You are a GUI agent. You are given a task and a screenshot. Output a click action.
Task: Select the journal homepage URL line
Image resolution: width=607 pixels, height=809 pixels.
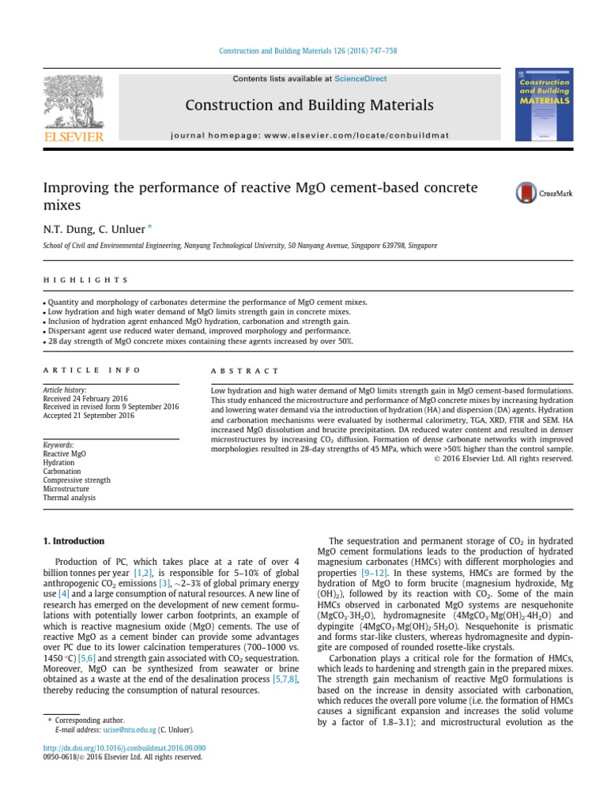coord(309,135)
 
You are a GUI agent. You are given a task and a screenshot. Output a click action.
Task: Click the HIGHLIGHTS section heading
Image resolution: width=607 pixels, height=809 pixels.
coord(85,280)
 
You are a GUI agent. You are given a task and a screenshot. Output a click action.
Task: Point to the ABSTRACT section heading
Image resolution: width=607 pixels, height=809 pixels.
coord(245,370)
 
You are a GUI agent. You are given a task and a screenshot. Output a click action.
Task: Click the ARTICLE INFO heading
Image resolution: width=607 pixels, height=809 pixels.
coord(92,370)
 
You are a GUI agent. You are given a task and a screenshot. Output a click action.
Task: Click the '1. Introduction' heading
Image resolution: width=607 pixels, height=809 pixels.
coord(73,541)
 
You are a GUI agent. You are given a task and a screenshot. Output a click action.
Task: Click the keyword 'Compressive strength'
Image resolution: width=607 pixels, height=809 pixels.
coord(77,480)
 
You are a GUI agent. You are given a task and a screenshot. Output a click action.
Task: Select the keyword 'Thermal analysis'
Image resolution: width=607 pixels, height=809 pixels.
coord(70,498)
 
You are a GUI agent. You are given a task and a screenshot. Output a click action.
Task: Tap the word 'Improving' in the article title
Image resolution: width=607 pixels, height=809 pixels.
coord(73,187)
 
